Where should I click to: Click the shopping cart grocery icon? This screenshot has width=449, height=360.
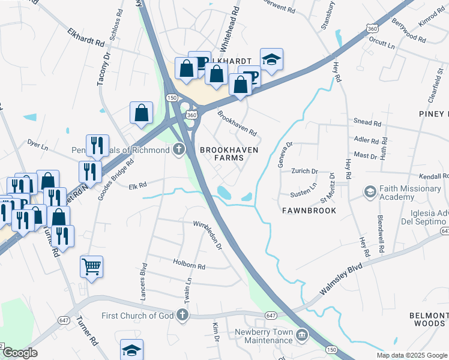pos(91,266)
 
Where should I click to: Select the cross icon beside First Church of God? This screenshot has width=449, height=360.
pos(182,316)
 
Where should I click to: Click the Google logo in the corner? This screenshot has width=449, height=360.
pos(19,353)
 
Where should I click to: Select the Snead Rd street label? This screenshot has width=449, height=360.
pos(367,123)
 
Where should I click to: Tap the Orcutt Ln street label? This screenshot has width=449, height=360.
pos(383,46)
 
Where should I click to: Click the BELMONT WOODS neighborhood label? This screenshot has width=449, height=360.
pos(429,319)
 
